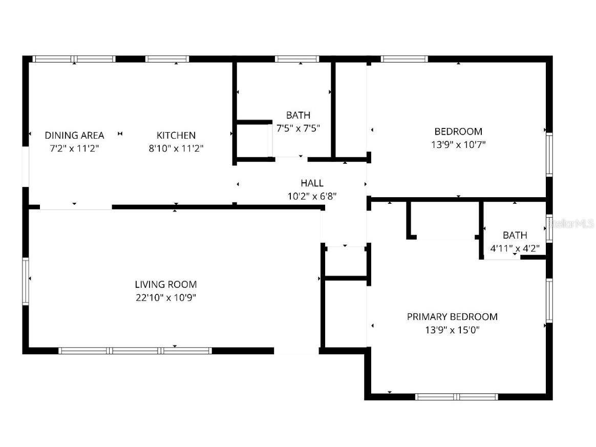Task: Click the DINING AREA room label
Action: pos(74,135)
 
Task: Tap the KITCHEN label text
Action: pos(176,135)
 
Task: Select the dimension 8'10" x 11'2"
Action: pos(176,148)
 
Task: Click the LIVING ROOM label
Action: pos(165,284)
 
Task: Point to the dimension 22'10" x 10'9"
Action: pos(165,297)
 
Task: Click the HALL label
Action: pos(312,183)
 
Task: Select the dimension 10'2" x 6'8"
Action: pos(312,196)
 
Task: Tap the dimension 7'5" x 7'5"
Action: pos(298,129)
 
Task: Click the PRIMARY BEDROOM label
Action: pos(452,317)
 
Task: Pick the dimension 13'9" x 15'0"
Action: pos(452,330)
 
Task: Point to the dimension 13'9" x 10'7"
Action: pos(458,144)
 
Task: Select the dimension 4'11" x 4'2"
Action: pos(515,249)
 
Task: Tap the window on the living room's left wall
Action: pos(26,282)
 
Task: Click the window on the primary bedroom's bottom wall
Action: pos(456,396)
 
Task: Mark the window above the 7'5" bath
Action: pos(297,59)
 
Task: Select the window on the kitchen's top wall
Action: pos(167,59)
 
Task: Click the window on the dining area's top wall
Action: pos(74,59)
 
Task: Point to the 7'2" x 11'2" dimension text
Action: pos(74,148)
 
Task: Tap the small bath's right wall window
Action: pos(549,228)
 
